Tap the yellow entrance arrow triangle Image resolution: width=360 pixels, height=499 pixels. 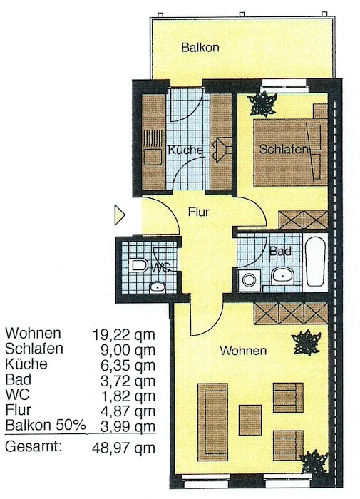(119, 215)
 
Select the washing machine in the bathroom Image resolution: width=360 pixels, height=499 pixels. (250, 280)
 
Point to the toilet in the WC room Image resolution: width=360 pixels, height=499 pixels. (138, 265)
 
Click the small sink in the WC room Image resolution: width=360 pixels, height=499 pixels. (158, 287)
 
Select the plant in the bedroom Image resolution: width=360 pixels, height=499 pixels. (262, 104)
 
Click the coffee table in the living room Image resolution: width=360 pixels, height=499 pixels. (250, 420)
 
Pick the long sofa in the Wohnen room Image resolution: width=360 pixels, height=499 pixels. (212, 422)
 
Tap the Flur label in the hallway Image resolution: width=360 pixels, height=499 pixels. (198, 212)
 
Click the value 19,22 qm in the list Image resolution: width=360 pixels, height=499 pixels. (124, 335)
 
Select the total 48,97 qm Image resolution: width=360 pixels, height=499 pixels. (124, 448)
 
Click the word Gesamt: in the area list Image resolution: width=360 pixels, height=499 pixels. (33, 446)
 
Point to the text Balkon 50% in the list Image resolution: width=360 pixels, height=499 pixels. (46, 426)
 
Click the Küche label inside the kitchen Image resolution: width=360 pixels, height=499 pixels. (185, 150)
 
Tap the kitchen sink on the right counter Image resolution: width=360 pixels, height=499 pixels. (222, 150)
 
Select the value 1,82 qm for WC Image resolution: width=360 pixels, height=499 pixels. (128, 396)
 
